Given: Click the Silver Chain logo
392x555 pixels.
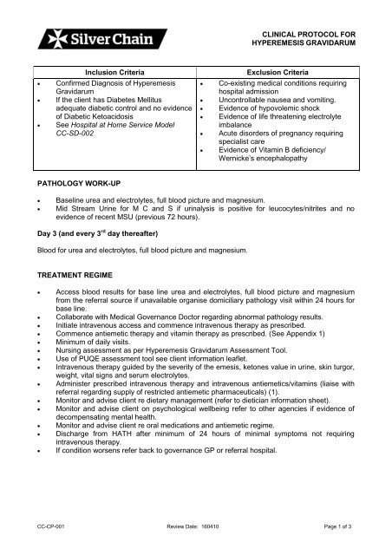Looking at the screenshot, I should click(75, 39).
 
